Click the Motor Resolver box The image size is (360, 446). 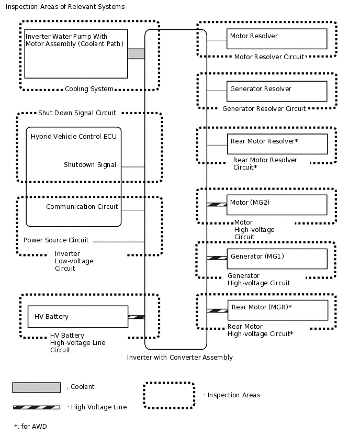pyautogui.click(x=277, y=39)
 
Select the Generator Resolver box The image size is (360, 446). pyautogui.click(x=277, y=91)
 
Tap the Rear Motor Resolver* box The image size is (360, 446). pyautogui.click(x=277, y=144)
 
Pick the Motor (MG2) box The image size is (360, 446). pyautogui.click(x=277, y=205)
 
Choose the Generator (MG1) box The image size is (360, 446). pyautogui.click(x=277, y=259)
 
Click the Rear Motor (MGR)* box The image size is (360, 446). pyautogui.click(x=277, y=310)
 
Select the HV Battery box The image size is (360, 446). pyautogui.click(x=77, y=317)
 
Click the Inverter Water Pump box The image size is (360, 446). pyautogui.click(x=76, y=53)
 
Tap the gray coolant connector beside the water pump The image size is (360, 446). pyautogui.click(x=136, y=54)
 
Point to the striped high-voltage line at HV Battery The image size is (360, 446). pyautogui.click(x=136, y=317)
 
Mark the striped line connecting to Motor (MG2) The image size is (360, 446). pyautogui.click(x=217, y=205)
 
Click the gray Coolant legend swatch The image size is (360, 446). pyautogui.click(x=36, y=387)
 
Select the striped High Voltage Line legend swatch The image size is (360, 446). pyautogui.click(x=36, y=407)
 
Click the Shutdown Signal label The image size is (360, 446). pyautogui.click(x=90, y=165)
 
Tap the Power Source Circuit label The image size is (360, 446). pyautogui.click(x=56, y=240)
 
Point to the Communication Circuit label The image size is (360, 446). pyautogui.click(x=82, y=207)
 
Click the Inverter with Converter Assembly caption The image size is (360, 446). pyautogui.click(x=179, y=358)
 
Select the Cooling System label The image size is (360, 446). pyautogui.click(x=89, y=89)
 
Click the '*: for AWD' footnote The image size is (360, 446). pyautogui.click(x=30, y=427)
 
